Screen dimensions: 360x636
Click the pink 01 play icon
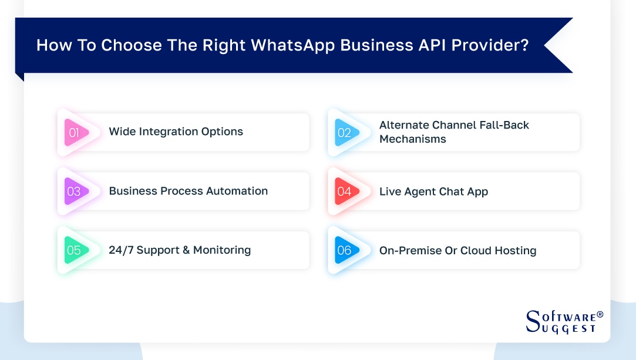click(75, 133)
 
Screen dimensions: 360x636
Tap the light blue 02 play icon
click(345, 133)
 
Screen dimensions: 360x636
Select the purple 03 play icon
click(75, 191)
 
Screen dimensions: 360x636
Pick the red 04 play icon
click(345, 191)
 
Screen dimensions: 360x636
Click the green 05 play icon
click(75, 251)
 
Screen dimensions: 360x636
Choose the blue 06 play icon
click(345, 251)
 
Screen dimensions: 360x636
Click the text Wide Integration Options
click(176, 132)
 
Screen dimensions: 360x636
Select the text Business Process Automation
click(188, 191)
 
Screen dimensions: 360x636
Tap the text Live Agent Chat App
click(433, 191)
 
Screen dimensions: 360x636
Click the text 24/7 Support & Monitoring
click(180, 250)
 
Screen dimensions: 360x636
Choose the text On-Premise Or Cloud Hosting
click(457, 251)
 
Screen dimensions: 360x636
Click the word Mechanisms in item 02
click(412, 139)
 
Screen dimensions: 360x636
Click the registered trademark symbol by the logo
click(600, 315)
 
